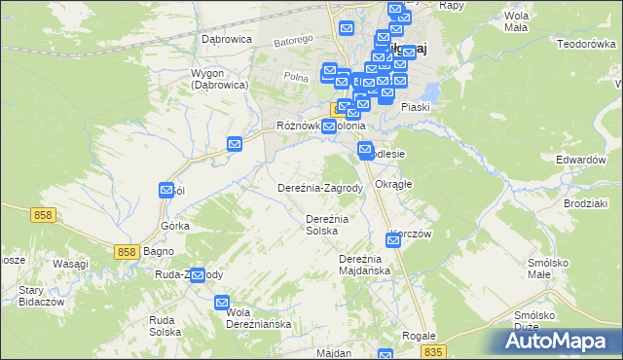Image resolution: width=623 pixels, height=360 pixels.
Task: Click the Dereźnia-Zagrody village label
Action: [320, 188]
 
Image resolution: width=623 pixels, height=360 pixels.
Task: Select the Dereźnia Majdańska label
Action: [364, 265]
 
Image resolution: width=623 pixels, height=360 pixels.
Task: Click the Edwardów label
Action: [580, 159]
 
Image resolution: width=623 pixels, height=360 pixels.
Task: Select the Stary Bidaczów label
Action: [34, 296]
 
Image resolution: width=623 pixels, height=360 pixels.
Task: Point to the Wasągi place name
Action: [70, 265]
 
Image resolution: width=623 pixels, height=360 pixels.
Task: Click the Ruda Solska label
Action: [165, 325]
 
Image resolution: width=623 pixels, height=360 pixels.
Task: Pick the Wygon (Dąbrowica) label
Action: [219, 80]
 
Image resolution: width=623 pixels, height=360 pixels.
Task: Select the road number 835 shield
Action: [434, 351]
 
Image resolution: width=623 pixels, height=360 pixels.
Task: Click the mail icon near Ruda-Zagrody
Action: [198, 275]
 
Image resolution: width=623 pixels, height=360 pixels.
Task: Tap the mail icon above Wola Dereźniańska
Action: [222, 302]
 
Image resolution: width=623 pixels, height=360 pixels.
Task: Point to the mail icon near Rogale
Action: [386, 357]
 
